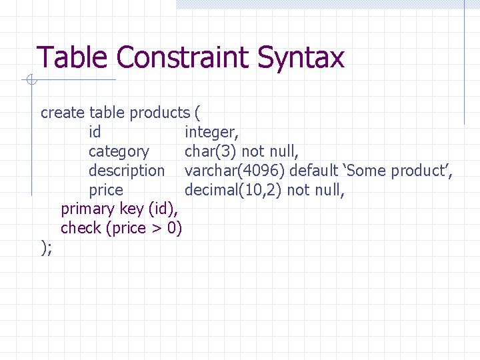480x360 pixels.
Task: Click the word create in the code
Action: point(63,113)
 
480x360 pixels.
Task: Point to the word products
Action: point(160,113)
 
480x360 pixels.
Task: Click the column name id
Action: point(95,132)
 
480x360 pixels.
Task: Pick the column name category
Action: point(119,151)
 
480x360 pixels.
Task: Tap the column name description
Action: point(126,171)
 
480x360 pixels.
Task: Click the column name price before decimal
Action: point(106,190)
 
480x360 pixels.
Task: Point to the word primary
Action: point(88,209)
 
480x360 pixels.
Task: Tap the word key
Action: point(131,209)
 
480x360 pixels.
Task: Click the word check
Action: point(81,229)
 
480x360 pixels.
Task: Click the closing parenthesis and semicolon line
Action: point(46,248)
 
